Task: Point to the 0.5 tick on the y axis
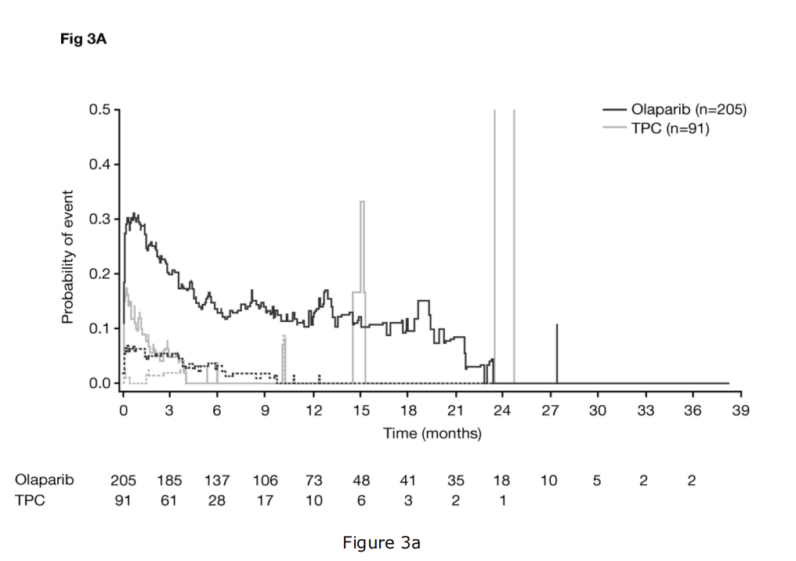coord(99,110)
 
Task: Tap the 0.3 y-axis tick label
coord(99,219)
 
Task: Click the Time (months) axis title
coord(432,433)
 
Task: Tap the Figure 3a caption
coord(381,543)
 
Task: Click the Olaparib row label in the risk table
coord(44,480)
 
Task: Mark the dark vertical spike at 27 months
coord(556,353)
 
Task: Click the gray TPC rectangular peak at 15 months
coord(362,235)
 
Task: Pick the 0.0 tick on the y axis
coord(99,383)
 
